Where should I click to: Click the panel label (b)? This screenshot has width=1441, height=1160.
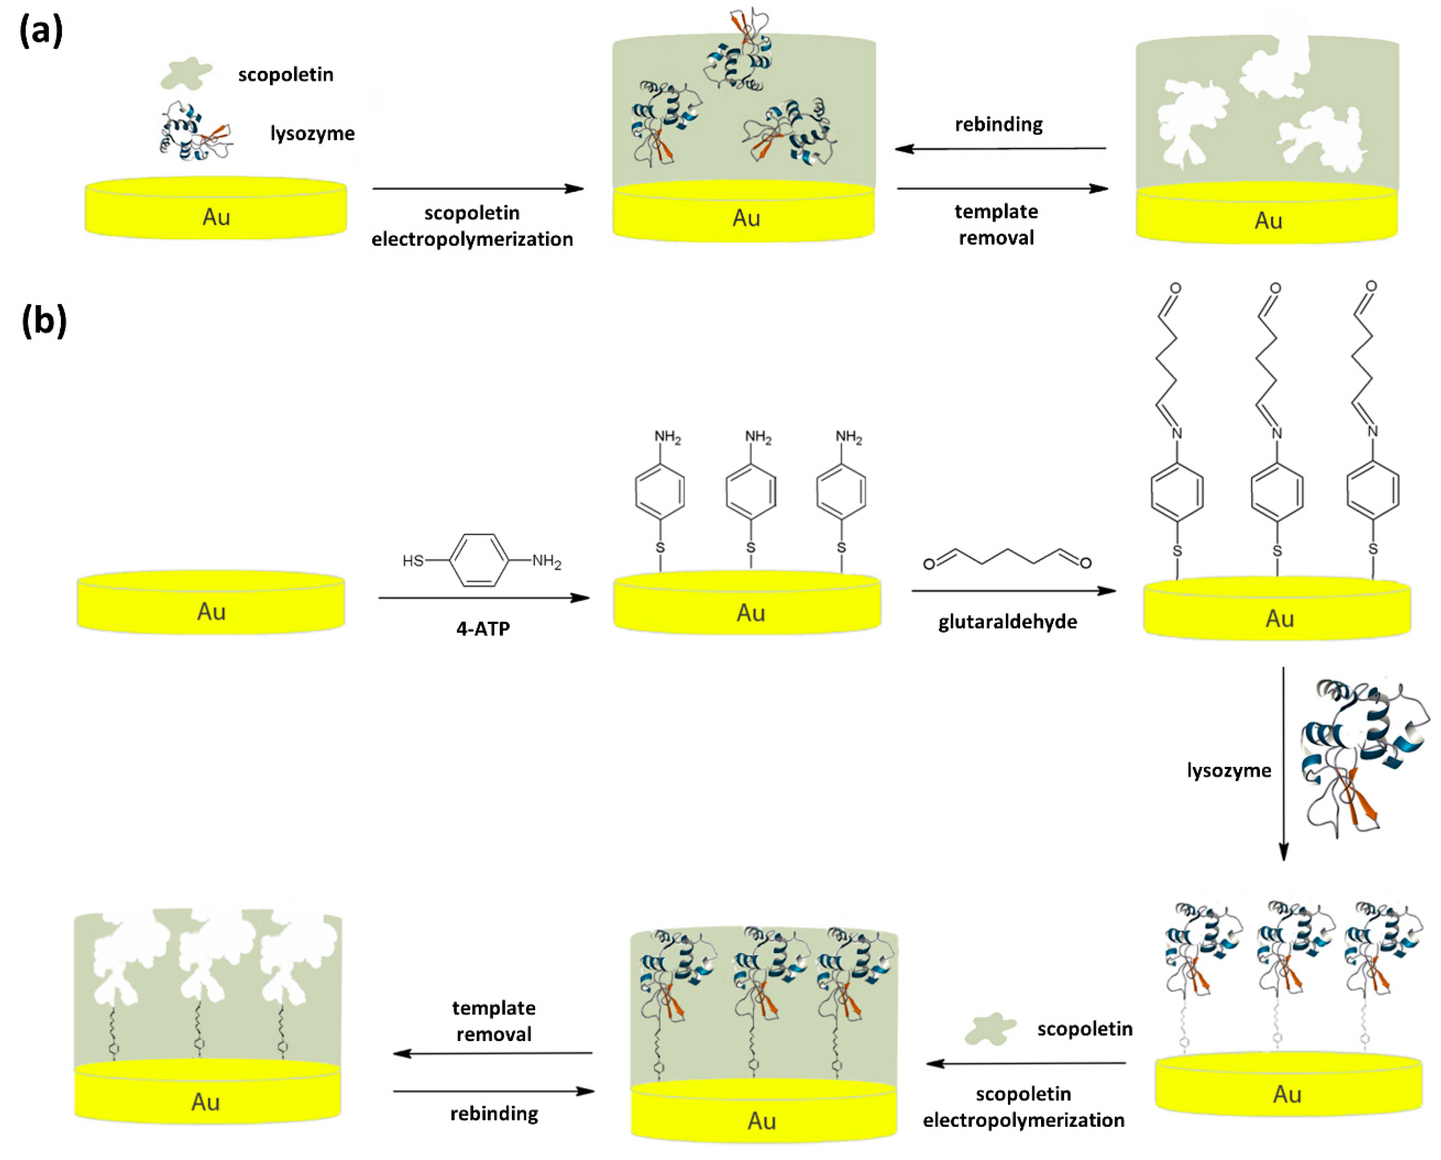tap(44, 322)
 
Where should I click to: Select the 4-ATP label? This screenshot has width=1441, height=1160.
tap(483, 629)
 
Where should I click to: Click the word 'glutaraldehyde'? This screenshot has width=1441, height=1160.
tap(1007, 622)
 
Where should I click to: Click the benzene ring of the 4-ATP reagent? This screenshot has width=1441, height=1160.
tap(479, 560)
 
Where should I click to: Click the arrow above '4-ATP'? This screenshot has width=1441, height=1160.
tap(484, 598)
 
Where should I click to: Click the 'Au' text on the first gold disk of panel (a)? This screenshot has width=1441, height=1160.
tap(216, 217)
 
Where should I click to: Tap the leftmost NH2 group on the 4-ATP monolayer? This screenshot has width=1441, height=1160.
tap(667, 438)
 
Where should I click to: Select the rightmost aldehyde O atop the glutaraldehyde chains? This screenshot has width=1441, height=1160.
tap(1371, 287)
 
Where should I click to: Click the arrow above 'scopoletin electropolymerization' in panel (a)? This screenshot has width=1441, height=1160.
tap(478, 189)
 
